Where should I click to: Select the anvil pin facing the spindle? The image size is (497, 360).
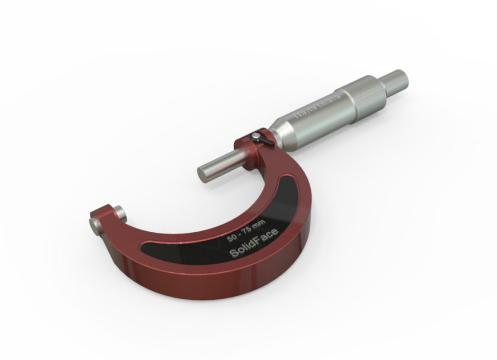pyautogui.click(x=120, y=212)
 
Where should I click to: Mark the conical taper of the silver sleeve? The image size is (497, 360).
pyautogui.click(x=287, y=130)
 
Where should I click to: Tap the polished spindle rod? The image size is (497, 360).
pyautogui.click(x=222, y=164)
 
